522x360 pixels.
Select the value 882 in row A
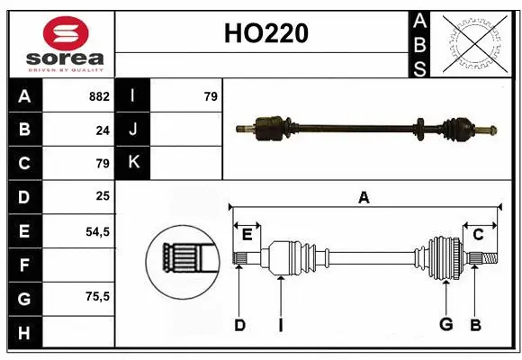tap(99, 96)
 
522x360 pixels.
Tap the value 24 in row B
tap(103, 130)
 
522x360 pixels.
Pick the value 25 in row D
tap(103, 197)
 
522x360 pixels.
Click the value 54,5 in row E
tap(97, 231)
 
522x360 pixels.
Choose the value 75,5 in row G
tap(97, 296)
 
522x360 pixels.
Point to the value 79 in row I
tap(211, 96)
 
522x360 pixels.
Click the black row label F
tap(24, 265)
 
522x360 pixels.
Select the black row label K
tap(134, 163)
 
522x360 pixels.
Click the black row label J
tap(134, 130)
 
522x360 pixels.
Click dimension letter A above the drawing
tap(364, 198)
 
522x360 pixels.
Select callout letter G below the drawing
tap(445, 325)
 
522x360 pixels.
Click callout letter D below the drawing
tap(239, 325)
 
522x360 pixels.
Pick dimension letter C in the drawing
tap(478, 234)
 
